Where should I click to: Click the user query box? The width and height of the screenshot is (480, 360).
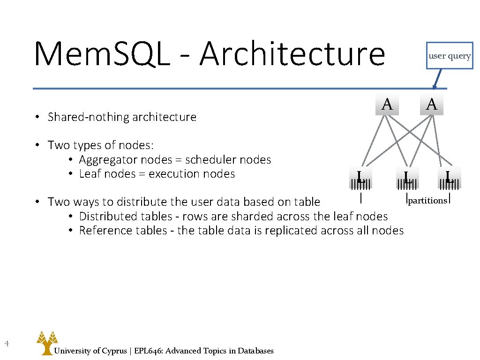click(x=450, y=56)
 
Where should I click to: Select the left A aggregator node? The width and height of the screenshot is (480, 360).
click(x=387, y=104)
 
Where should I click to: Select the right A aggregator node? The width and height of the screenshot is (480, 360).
click(x=432, y=104)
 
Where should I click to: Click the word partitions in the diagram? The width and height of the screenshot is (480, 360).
click(x=427, y=201)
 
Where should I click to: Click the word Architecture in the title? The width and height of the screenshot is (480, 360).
click(x=292, y=54)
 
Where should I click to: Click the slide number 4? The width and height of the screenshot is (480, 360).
click(x=7, y=345)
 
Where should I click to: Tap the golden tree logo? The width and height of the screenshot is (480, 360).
click(x=47, y=342)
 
